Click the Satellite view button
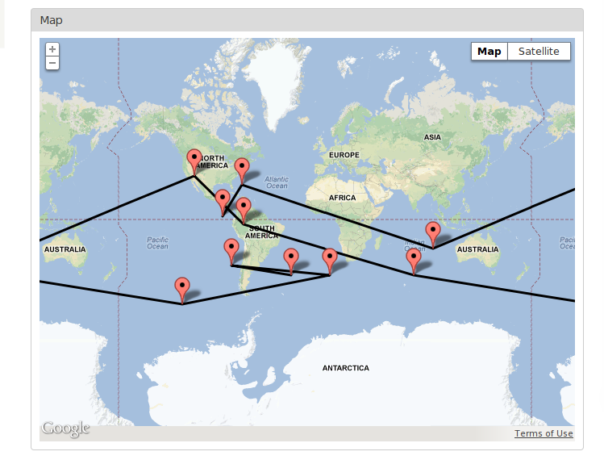tap(539, 52)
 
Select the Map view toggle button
tap(489, 52)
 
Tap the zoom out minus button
tap(52, 62)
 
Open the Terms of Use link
tap(544, 433)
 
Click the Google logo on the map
tap(65, 428)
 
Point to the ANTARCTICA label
tap(345, 368)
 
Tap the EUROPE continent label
tap(344, 154)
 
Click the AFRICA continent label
tap(342, 198)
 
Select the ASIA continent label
tap(433, 137)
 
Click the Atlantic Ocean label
tap(276, 182)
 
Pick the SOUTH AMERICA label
tap(261, 232)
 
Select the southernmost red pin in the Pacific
tap(182, 288)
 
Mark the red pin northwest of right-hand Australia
tap(433, 232)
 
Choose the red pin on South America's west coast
tap(231, 249)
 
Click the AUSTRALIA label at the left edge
tap(65, 249)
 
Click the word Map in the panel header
tap(50, 19)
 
